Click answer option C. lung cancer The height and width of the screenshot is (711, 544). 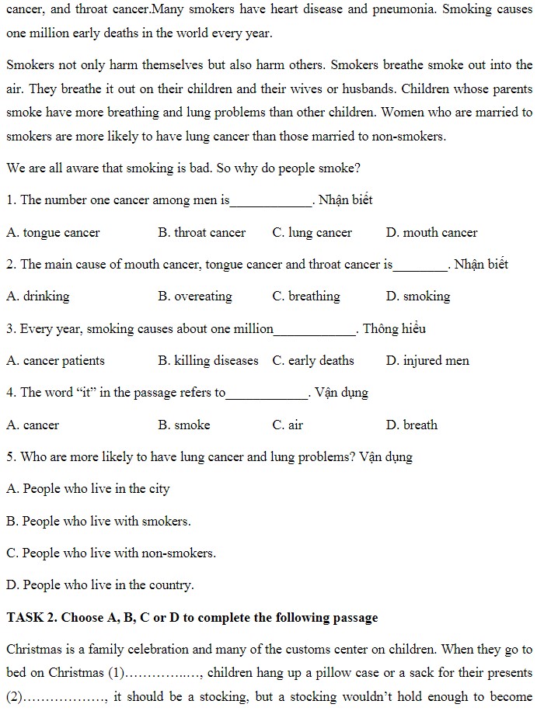click(x=312, y=232)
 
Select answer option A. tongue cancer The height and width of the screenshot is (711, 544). click(x=53, y=232)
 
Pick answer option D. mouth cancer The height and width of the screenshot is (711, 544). click(x=431, y=232)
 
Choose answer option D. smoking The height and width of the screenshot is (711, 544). click(x=417, y=296)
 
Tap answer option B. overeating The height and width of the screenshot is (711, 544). click(x=194, y=296)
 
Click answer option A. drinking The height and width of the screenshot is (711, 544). click(x=37, y=296)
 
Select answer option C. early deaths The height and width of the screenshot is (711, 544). click(x=312, y=360)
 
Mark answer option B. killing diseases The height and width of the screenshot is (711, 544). click(x=207, y=360)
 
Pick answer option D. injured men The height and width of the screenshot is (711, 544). click(x=427, y=360)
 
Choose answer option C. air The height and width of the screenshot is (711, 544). click(x=288, y=425)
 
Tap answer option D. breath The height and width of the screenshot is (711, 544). click(x=411, y=425)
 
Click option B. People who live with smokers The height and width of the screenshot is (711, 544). click(x=99, y=521)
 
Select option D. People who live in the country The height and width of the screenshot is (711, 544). click(x=100, y=584)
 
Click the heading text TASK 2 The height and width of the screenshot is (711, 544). click(x=30, y=618)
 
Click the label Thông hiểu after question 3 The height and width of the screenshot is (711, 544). click(x=394, y=328)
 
